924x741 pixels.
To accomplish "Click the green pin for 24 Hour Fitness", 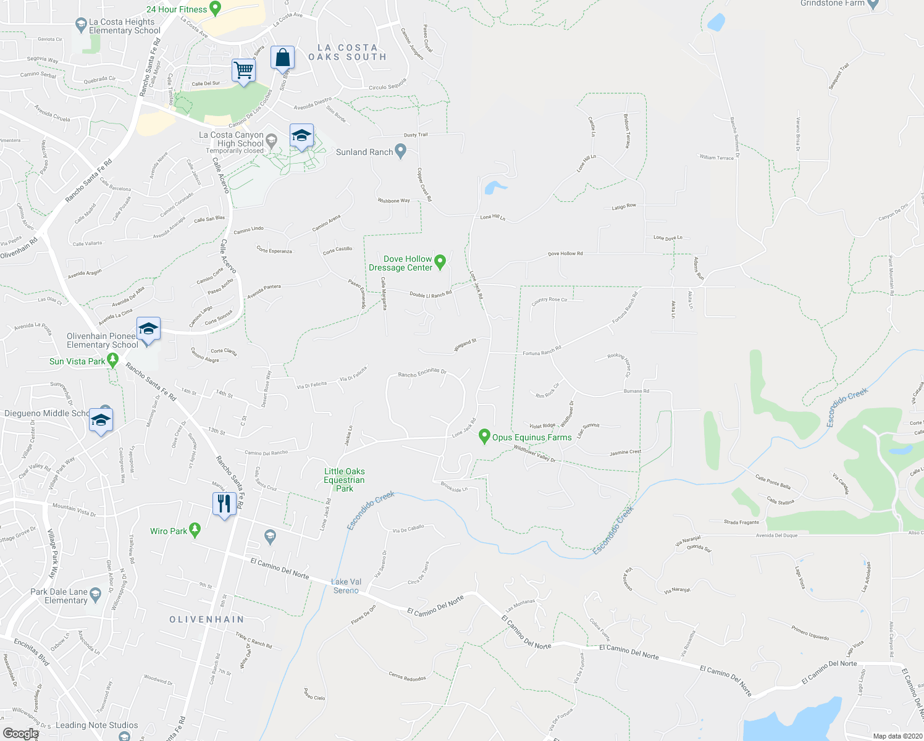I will (x=216, y=8).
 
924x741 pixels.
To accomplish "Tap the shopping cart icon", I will (x=243, y=70).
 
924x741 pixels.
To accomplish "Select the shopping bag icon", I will (x=282, y=58).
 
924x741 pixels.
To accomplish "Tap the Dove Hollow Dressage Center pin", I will (x=440, y=262).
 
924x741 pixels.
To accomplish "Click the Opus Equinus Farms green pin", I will (x=485, y=437).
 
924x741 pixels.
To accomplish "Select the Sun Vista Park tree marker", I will (x=112, y=359).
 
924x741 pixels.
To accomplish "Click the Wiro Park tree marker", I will (x=195, y=529).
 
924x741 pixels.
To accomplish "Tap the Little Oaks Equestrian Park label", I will (x=344, y=480).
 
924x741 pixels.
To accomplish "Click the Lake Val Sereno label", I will (x=346, y=586).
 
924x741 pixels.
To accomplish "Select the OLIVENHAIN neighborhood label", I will (x=207, y=619).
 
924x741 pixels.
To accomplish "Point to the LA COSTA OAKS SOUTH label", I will (x=347, y=52).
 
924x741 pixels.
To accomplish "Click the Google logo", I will (x=20, y=733).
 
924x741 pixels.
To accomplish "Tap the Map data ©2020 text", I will (x=896, y=736).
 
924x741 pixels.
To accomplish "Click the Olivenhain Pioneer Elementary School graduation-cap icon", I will (x=148, y=330).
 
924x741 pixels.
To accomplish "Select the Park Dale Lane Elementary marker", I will (x=95, y=595).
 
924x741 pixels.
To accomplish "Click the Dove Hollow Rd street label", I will (x=565, y=254).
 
